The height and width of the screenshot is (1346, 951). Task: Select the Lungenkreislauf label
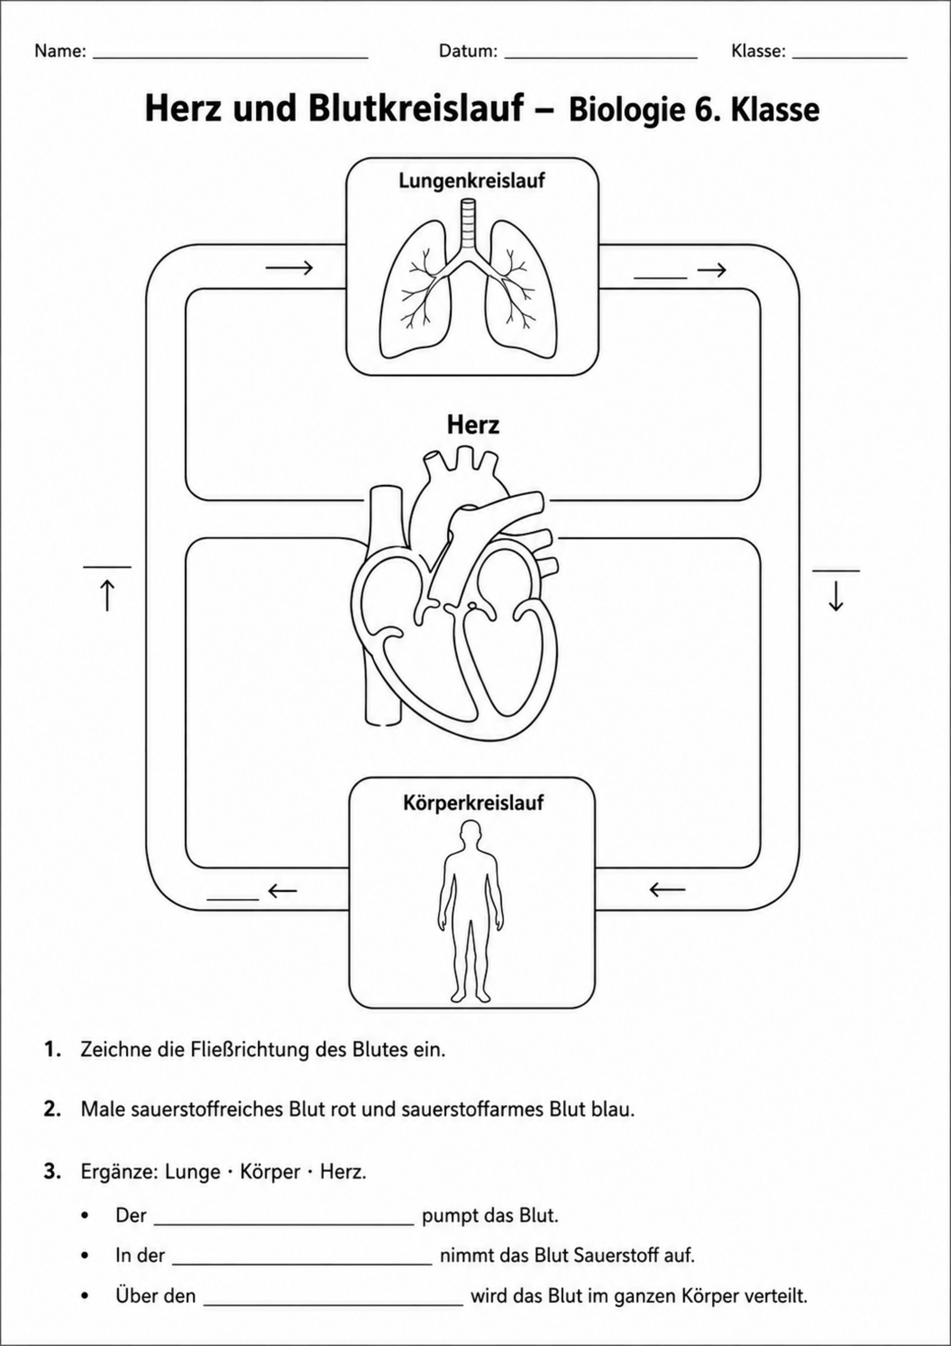pos(472,180)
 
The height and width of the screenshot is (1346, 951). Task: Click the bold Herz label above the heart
pos(473,425)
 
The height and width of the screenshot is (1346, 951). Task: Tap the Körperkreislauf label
pos(473,803)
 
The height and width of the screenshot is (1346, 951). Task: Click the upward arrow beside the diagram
pos(107,595)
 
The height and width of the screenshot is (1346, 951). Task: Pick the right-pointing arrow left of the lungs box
pos(289,268)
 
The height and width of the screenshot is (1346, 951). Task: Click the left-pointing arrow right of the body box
pos(667,890)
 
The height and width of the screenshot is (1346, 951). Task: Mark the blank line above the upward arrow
pos(107,567)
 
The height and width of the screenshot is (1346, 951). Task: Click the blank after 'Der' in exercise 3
pos(284,1224)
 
